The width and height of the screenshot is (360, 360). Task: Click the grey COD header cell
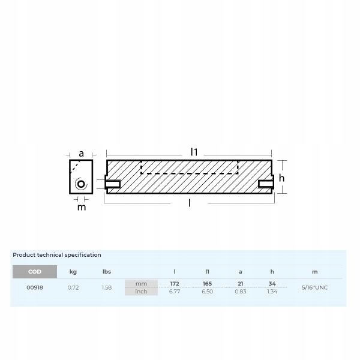pos(35,272)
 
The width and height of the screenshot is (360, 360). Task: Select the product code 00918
pos(35,287)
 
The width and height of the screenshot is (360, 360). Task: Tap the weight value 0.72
pos(73,287)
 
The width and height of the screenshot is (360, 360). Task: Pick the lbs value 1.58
pos(107,287)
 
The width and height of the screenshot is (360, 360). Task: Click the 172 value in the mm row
pos(175,284)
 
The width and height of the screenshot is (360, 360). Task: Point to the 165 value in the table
pos(207,284)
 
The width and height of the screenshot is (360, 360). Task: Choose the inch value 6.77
pos(175,292)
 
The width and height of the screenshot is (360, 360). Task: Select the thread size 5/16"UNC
pos(314,287)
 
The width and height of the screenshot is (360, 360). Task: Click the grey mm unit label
pos(141,284)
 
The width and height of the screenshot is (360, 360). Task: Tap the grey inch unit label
pos(141,292)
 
